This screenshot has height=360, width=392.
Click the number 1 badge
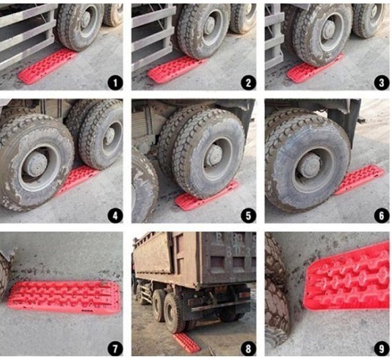click(x=115, y=83)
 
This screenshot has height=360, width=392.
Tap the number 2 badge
click(x=248, y=83)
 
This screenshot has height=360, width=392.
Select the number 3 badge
click(x=382, y=83)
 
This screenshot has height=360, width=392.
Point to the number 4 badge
click(x=115, y=216)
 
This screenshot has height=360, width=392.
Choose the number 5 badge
click(x=248, y=216)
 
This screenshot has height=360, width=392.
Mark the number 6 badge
click(x=382, y=216)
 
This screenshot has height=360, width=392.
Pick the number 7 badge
click(x=115, y=349)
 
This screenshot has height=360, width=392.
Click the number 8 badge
click(x=248, y=349)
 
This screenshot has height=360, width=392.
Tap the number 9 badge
click(x=382, y=349)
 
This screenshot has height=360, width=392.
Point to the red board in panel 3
click(x=313, y=69)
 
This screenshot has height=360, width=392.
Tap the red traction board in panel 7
click(x=63, y=297)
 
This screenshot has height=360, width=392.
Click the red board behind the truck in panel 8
click(x=186, y=343)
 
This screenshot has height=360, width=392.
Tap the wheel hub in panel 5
click(x=214, y=155)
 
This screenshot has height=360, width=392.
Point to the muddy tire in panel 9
click(x=276, y=292)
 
